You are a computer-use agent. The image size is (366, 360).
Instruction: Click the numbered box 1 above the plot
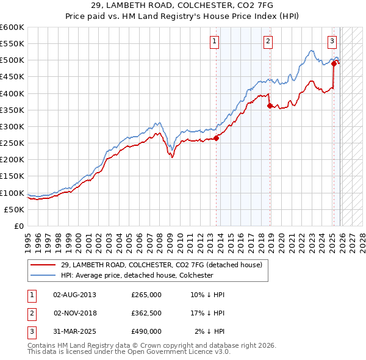[215, 41]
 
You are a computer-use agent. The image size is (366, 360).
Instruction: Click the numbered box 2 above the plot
[268, 41]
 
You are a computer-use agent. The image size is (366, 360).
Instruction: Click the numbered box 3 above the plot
[332, 41]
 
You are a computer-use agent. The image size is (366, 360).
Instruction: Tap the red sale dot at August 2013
[216, 138]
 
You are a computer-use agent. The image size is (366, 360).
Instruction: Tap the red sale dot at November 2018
[269, 106]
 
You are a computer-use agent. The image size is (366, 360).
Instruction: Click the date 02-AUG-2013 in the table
[74, 295]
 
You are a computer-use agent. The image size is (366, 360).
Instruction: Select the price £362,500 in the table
[146, 313]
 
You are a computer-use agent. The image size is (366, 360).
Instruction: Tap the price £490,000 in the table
[146, 331]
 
